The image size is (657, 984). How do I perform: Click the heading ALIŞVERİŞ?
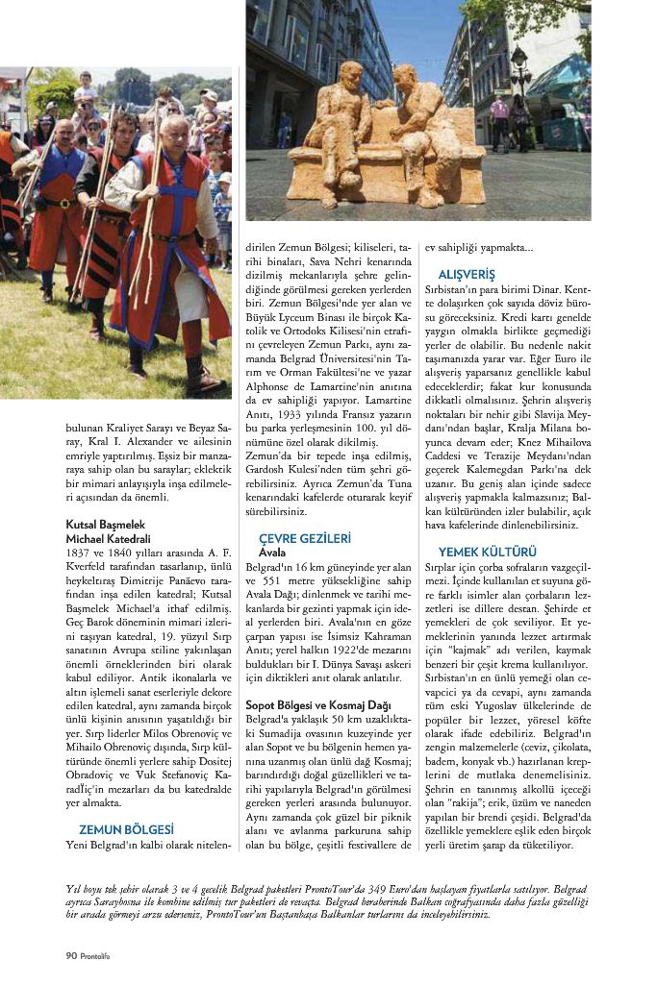[x=467, y=274]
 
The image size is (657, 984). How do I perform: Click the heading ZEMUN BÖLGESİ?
[x=126, y=827]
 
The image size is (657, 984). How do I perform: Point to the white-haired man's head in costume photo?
[x=174, y=126]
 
